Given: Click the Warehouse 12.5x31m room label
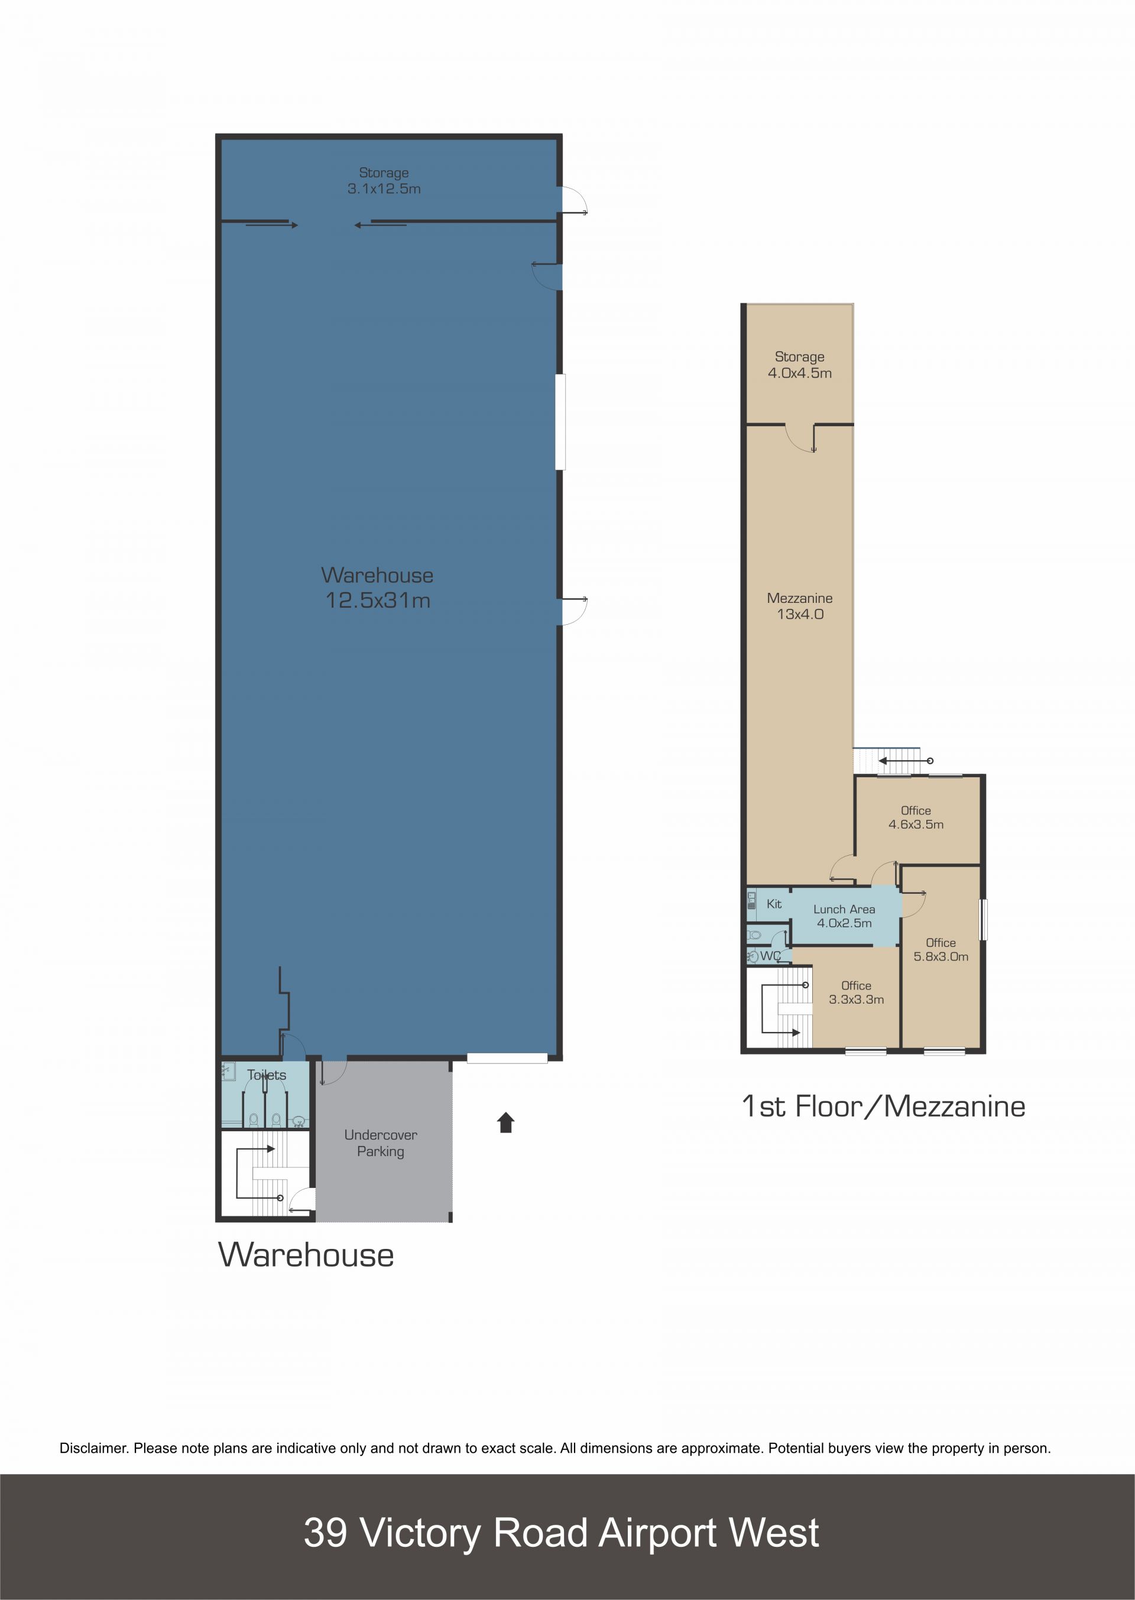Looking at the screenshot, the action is tap(377, 588).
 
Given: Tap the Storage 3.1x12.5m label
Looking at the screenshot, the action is tap(384, 180).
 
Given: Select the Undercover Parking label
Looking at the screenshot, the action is tap(381, 1143).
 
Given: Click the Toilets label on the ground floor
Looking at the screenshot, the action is tap(266, 1075).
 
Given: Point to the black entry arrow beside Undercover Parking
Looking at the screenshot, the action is tap(506, 1123).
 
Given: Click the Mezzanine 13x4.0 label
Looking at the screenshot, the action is tap(800, 606).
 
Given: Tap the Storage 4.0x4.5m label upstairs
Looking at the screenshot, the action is tap(800, 365).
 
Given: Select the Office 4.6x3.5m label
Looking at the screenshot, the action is tap(916, 817).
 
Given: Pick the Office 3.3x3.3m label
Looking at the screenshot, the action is tap(856, 992).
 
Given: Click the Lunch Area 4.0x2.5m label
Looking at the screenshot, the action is tap(844, 916).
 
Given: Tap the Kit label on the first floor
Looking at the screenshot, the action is tap(774, 903).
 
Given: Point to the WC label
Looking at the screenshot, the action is tap(770, 956).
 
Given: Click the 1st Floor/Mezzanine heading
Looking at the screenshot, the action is tap(883, 1106).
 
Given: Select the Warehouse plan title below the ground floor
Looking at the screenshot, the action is tap(306, 1255).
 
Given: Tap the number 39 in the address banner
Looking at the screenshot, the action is tap(325, 1532).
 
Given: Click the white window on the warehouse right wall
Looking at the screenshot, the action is tap(560, 421).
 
